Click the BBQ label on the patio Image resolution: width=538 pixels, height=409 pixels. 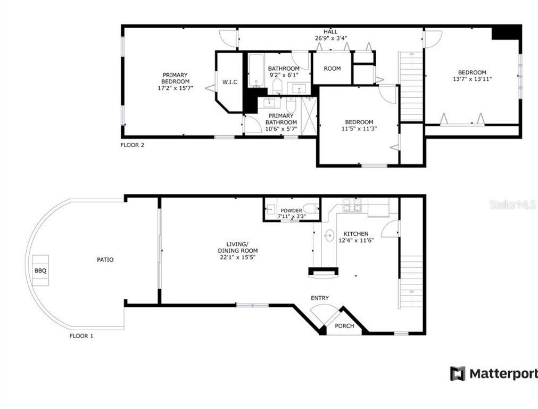[x=40, y=271]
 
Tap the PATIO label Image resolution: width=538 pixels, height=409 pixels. [x=105, y=259]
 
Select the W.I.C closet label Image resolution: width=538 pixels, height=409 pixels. [x=229, y=82]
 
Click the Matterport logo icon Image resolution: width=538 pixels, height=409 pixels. [x=458, y=373]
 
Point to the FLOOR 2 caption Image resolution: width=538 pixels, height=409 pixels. [x=132, y=145]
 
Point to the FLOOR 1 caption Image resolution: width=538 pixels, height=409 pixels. [x=81, y=336]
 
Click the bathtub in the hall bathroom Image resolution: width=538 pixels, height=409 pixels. [x=255, y=70]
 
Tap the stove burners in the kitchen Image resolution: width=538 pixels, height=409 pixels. [x=352, y=204]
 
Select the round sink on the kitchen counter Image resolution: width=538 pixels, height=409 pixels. [x=329, y=235]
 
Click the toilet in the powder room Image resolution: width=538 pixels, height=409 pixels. [x=311, y=208]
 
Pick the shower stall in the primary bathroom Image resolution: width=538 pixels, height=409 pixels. [x=309, y=116]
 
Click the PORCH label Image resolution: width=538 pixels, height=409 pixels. [x=344, y=325]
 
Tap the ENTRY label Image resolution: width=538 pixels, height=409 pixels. [x=320, y=298]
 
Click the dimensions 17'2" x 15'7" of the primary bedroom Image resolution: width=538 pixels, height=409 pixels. [x=175, y=88]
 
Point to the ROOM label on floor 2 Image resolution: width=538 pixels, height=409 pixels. [x=332, y=68]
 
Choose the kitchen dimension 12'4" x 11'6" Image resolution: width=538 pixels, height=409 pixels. [x=356, y=240]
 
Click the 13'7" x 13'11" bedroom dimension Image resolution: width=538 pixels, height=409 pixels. [x=472, y=79]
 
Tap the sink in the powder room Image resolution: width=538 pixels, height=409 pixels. [x=271, y=208]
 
